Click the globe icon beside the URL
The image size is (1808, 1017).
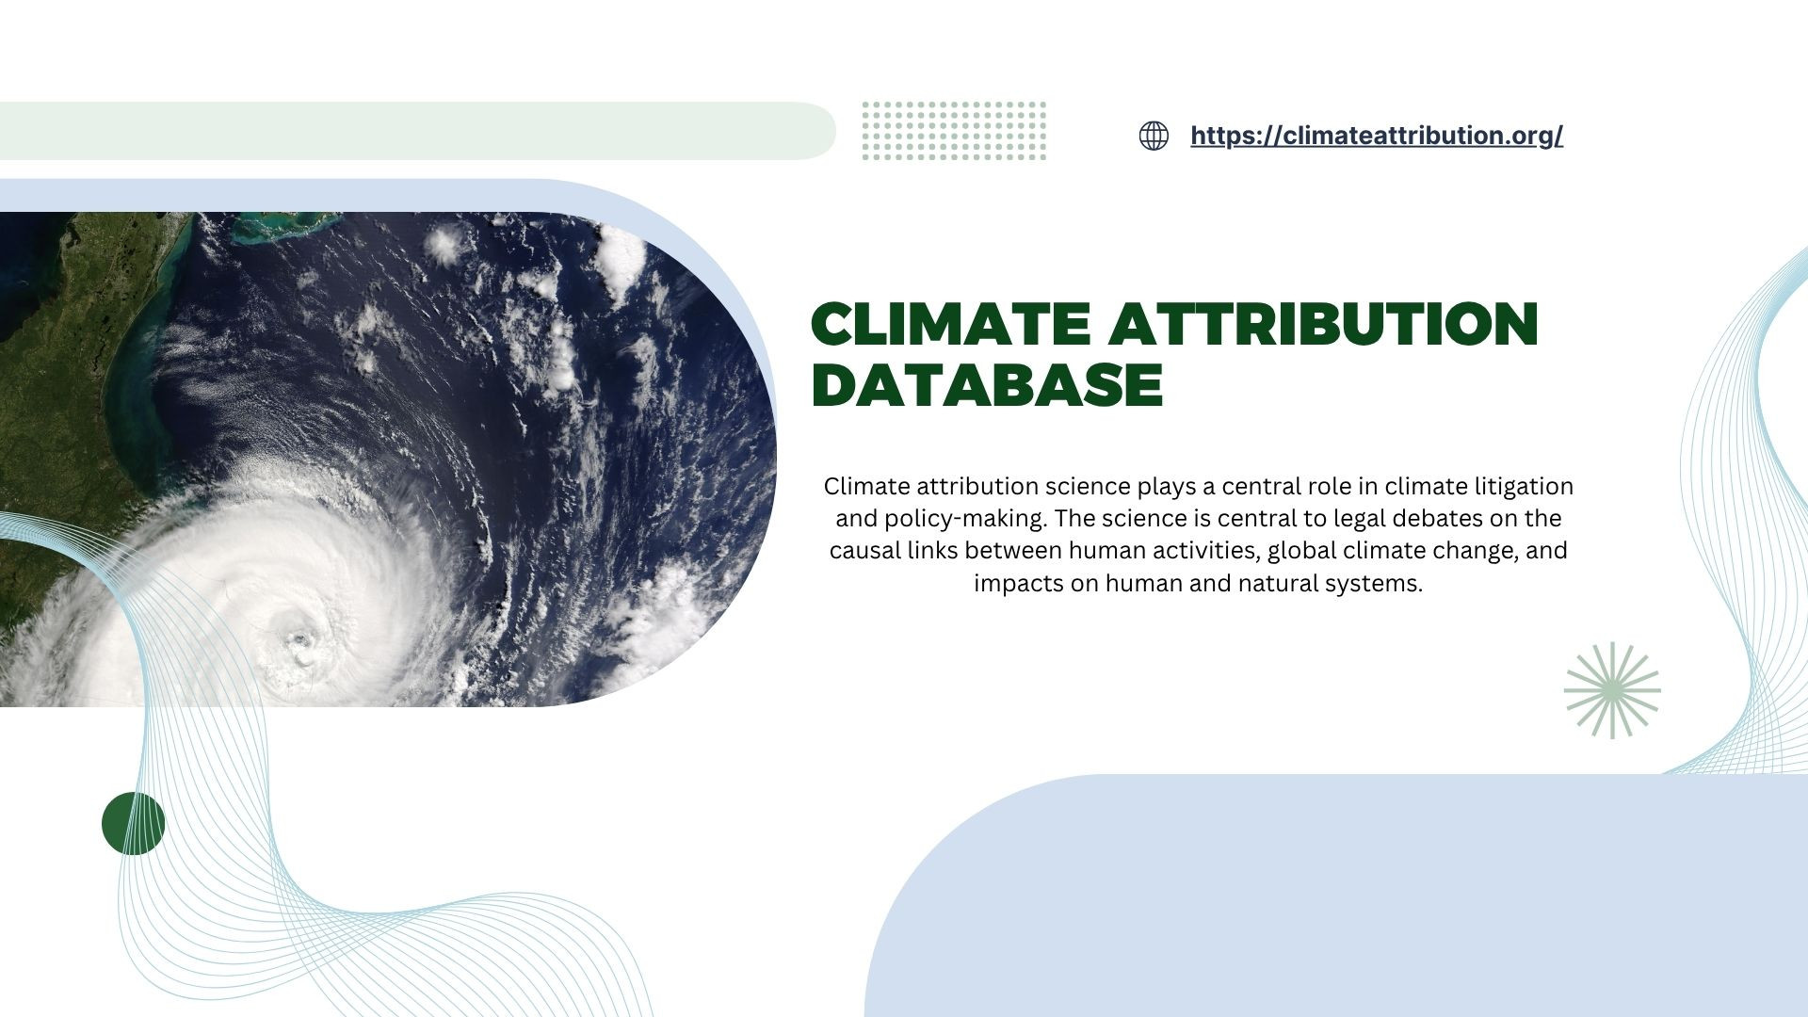pyautogui.click(x=1154, y=136)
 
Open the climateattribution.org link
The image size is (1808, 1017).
pyautogui.click(x=1376, y=136)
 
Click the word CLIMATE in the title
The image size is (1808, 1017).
pyautogui.click(x=951, y=324)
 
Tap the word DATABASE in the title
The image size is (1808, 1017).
pyautogui.click(x=987, y=385)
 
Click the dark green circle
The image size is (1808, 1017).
pyautogui.click(x=133, y=824)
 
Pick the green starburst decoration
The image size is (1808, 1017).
pyautogui.click(x=1612, y=690)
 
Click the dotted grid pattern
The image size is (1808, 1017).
pyautogui.click(x=954, y=131)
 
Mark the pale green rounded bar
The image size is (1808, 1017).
pyautogui.click(x=414, y=131)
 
